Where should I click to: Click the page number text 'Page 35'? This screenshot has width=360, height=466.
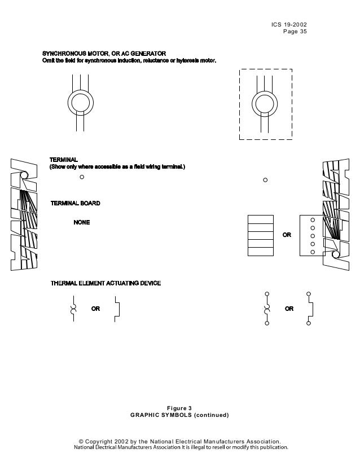click(x=295, y=32)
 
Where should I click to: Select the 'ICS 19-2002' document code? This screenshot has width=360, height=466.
click(x=289, y=25)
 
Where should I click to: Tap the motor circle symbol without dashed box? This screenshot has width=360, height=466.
click(x=80, y=103)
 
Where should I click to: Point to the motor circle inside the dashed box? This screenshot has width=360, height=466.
click(x=263, y=103)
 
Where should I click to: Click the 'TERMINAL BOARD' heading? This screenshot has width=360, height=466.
click(x=76, y=203)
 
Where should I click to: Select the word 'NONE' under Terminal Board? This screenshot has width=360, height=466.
click(x=82, y=222)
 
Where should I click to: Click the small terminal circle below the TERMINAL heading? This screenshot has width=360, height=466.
click(x=82, y=177)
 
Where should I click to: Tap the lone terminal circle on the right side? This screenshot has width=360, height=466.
click(x=265, y=181)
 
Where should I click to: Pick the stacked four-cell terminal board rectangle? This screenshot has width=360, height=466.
click(x=261, y=235)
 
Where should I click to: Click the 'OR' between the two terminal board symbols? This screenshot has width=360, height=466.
click(x=287, y=235)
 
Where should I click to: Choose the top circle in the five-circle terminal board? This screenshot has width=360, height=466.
click(x=313, y=220)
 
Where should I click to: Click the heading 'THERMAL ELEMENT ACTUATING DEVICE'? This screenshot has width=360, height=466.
click(x=106, y=283)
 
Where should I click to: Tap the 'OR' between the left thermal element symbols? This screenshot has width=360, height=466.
click(x=96, y=309)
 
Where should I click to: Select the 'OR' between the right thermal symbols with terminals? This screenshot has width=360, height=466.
click(x=289, y=309)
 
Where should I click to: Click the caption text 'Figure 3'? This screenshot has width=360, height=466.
click(x=179, y=408)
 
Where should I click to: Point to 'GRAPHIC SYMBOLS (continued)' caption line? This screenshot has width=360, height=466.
click(x=179, y=415)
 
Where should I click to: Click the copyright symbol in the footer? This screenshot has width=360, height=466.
click(x=81, y=441)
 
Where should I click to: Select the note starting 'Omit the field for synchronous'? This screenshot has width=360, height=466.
click(x=129, y=60)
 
